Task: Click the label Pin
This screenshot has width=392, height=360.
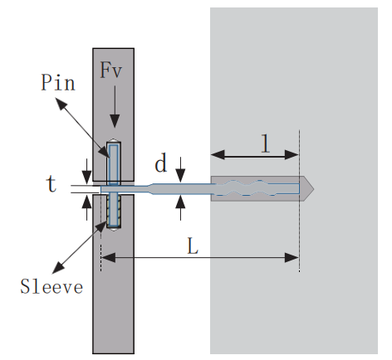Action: [x=57, y=83]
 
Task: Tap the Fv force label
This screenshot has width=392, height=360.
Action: [x=112, y=70]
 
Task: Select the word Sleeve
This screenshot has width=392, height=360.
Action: [x=51, y=287]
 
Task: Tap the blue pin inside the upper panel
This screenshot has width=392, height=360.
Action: [x=114, y=162]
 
